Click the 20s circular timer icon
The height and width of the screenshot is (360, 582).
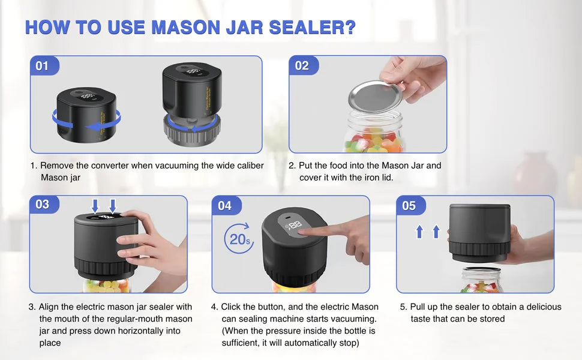tap(238, 239)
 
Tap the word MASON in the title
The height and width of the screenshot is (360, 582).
tap(192, 28)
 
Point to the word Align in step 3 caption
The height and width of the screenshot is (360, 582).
tap(50, 307)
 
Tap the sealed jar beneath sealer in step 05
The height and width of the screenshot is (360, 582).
tap(481, 280)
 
